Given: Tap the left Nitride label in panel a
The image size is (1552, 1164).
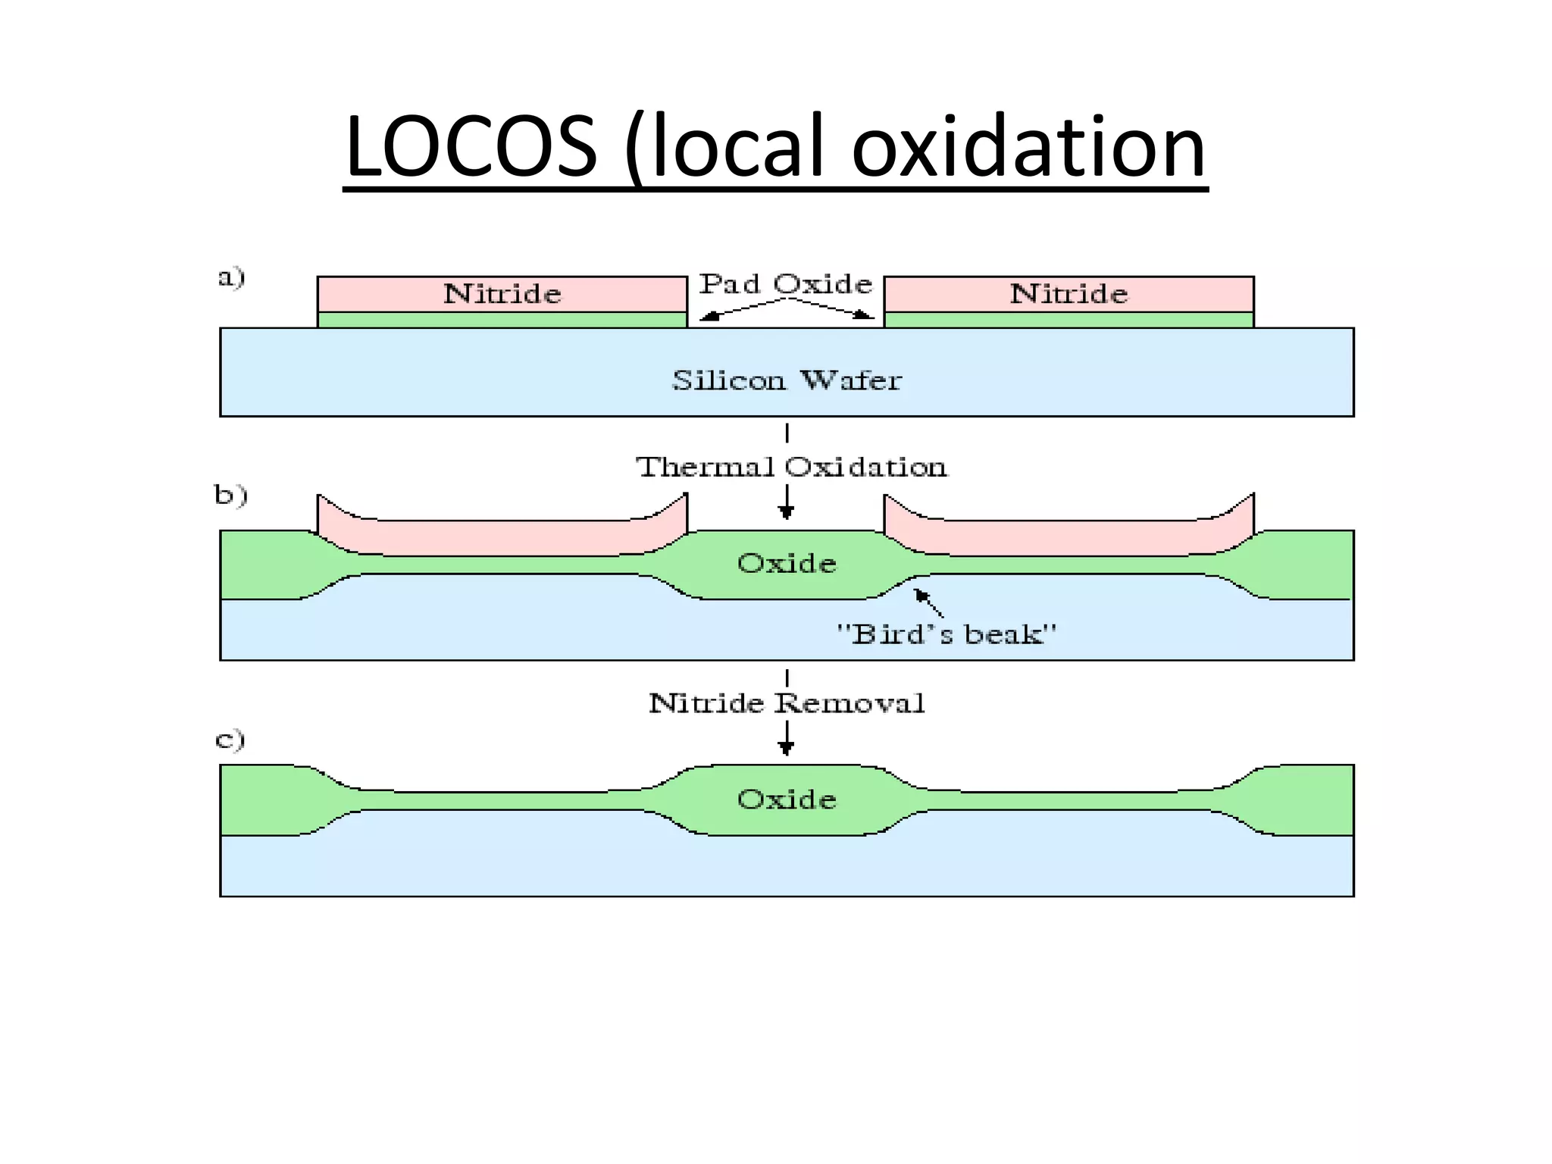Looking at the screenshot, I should click(502, 294).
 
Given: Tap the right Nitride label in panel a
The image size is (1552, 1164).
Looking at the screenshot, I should click(1069, 294).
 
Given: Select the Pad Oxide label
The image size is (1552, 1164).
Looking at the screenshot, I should click(785, 284).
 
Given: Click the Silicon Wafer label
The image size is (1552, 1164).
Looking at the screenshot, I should click(787, 380).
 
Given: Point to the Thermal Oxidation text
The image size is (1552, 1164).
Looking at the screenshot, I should click(791, 467).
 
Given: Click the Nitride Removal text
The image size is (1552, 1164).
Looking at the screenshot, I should click(787, 703).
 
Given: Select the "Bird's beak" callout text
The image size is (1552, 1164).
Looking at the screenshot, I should click(946, 634).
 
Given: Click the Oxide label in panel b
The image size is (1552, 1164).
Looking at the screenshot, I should click(787, 563).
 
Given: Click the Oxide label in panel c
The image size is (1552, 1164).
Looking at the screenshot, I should click(787, 799).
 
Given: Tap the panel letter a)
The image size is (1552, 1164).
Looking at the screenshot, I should click(231, 277).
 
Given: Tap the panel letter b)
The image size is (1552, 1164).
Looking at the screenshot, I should click(230, 495).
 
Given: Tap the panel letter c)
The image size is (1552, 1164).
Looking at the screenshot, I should click(230, 739).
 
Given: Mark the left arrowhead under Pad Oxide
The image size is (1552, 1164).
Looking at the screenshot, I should click(708, 316).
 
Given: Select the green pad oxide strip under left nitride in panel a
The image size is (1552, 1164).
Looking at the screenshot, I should click(502, 320).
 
